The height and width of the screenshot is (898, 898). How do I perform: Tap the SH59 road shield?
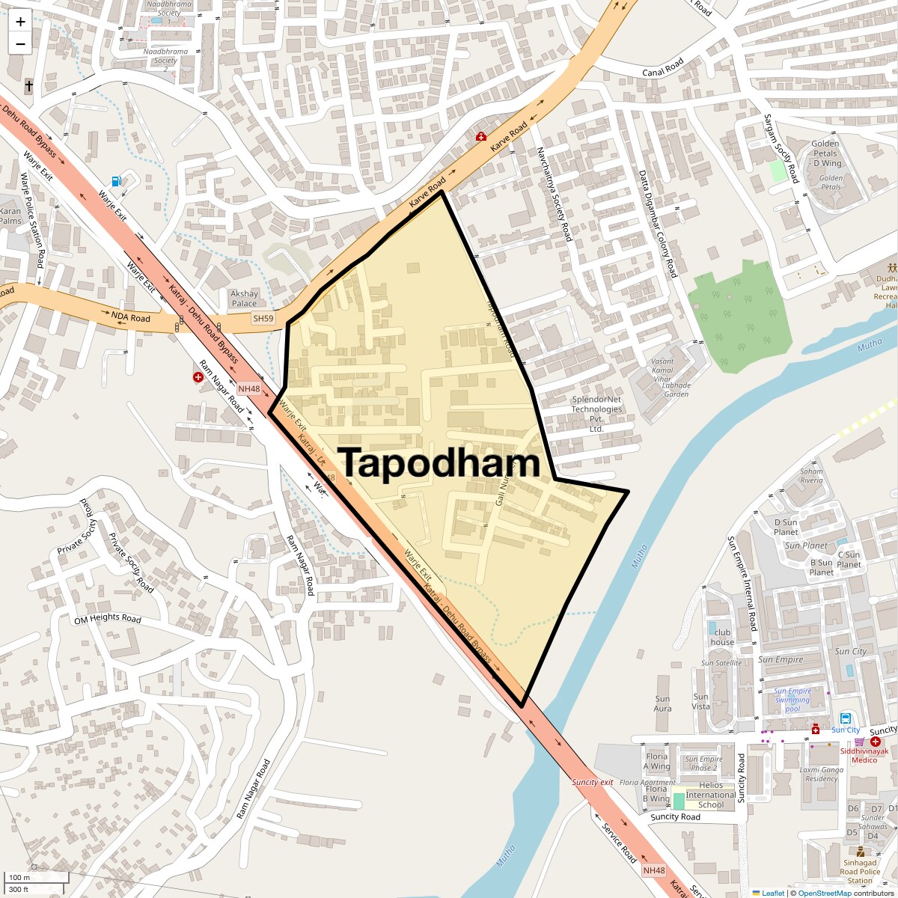point(263,318)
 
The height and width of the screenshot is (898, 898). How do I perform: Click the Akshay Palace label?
point(244,299)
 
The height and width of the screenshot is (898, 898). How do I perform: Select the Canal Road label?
point(663,67)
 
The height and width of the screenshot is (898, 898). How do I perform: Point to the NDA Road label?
point(131,317)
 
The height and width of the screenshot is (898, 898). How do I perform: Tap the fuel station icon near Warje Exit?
point(116,180)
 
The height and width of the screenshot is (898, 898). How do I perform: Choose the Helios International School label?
point(709,795)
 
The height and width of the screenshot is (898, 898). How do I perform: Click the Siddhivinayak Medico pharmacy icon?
point(875,741)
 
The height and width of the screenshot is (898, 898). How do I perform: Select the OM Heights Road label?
point(108,619)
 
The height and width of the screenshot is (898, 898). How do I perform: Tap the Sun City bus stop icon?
point(845,718)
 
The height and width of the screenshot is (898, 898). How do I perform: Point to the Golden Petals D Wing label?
point(826,153)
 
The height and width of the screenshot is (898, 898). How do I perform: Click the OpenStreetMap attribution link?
point(824,893)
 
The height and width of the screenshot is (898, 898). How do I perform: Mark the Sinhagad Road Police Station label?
point(860,872)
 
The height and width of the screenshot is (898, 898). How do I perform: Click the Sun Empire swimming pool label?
point(792,700)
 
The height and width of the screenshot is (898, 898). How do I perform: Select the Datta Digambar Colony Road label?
point(658,224)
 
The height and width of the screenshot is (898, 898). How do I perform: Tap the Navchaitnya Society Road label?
point(554,194)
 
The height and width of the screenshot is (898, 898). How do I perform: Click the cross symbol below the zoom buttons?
point(29,86)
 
